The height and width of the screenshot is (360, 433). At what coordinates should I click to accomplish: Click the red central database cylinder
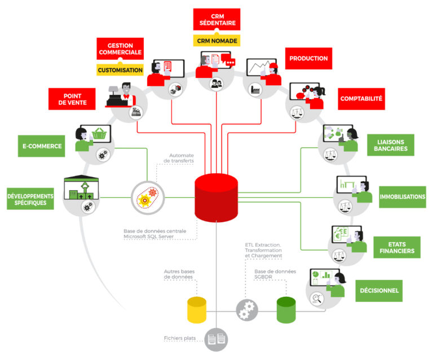[x=216, y=197]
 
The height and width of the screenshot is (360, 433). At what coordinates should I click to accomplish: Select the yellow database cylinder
[x=197, y=310]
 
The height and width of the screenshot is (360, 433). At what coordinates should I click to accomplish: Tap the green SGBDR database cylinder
[x=286, y=310]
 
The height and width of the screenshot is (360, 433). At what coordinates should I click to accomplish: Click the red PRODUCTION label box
[x=308, y=58]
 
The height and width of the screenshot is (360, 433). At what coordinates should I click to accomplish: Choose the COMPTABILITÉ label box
[x=361, y=99]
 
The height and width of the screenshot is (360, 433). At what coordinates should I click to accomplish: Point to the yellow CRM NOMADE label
[x=217, y=41]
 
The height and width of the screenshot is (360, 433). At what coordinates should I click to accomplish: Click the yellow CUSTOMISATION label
[x=120, y=71]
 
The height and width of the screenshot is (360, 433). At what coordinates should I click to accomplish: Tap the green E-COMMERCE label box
[x=42, y=146]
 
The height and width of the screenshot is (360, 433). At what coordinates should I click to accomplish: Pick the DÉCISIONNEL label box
[x=379, y=291]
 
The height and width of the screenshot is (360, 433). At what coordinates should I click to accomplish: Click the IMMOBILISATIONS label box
[x=402, y=197]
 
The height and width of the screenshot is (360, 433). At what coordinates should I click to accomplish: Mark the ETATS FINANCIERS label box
[x=397, y=247]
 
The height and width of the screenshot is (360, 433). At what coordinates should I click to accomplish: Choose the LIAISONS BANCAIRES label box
[x=391, y=145]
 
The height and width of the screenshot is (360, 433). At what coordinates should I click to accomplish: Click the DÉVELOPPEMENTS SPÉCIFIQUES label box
[x=30, y=197]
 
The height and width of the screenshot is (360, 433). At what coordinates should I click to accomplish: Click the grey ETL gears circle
[x=246, y=310]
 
